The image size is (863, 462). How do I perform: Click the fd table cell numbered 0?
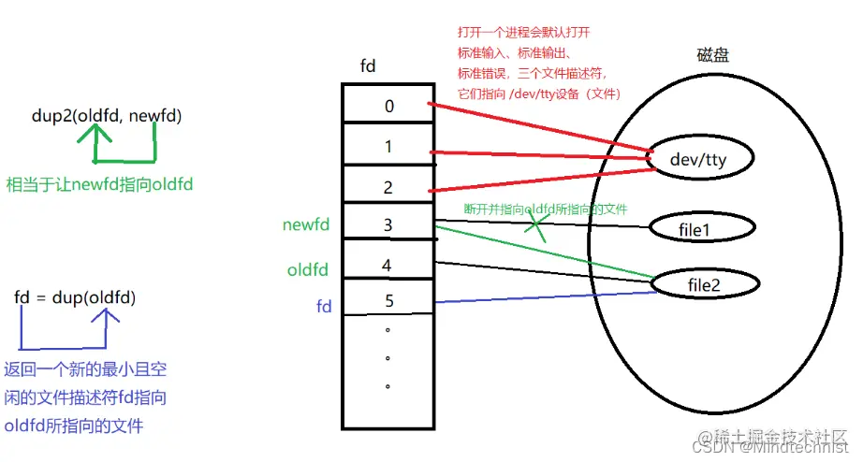tap(388, 105)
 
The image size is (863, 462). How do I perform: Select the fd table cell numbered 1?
tap(388, 147)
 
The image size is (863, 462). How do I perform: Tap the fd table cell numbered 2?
tap(388, 187)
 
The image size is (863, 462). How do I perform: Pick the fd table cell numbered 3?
tap(388, 225)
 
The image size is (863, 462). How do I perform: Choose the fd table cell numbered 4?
tap(388, 266)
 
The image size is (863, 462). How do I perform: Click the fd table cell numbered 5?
tap(388, 301)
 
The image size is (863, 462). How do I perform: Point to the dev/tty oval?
tap(698, 160)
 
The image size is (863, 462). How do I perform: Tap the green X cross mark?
tap(536, 224)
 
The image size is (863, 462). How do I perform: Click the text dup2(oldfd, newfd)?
tap(106, 116)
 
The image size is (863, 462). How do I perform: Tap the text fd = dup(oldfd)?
tap(75, 298)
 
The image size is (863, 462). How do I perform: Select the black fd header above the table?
tap(369, 65)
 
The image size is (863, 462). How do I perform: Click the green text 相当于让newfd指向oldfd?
tap(99, 184)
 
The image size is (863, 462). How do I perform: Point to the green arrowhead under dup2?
tap(94, 134)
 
